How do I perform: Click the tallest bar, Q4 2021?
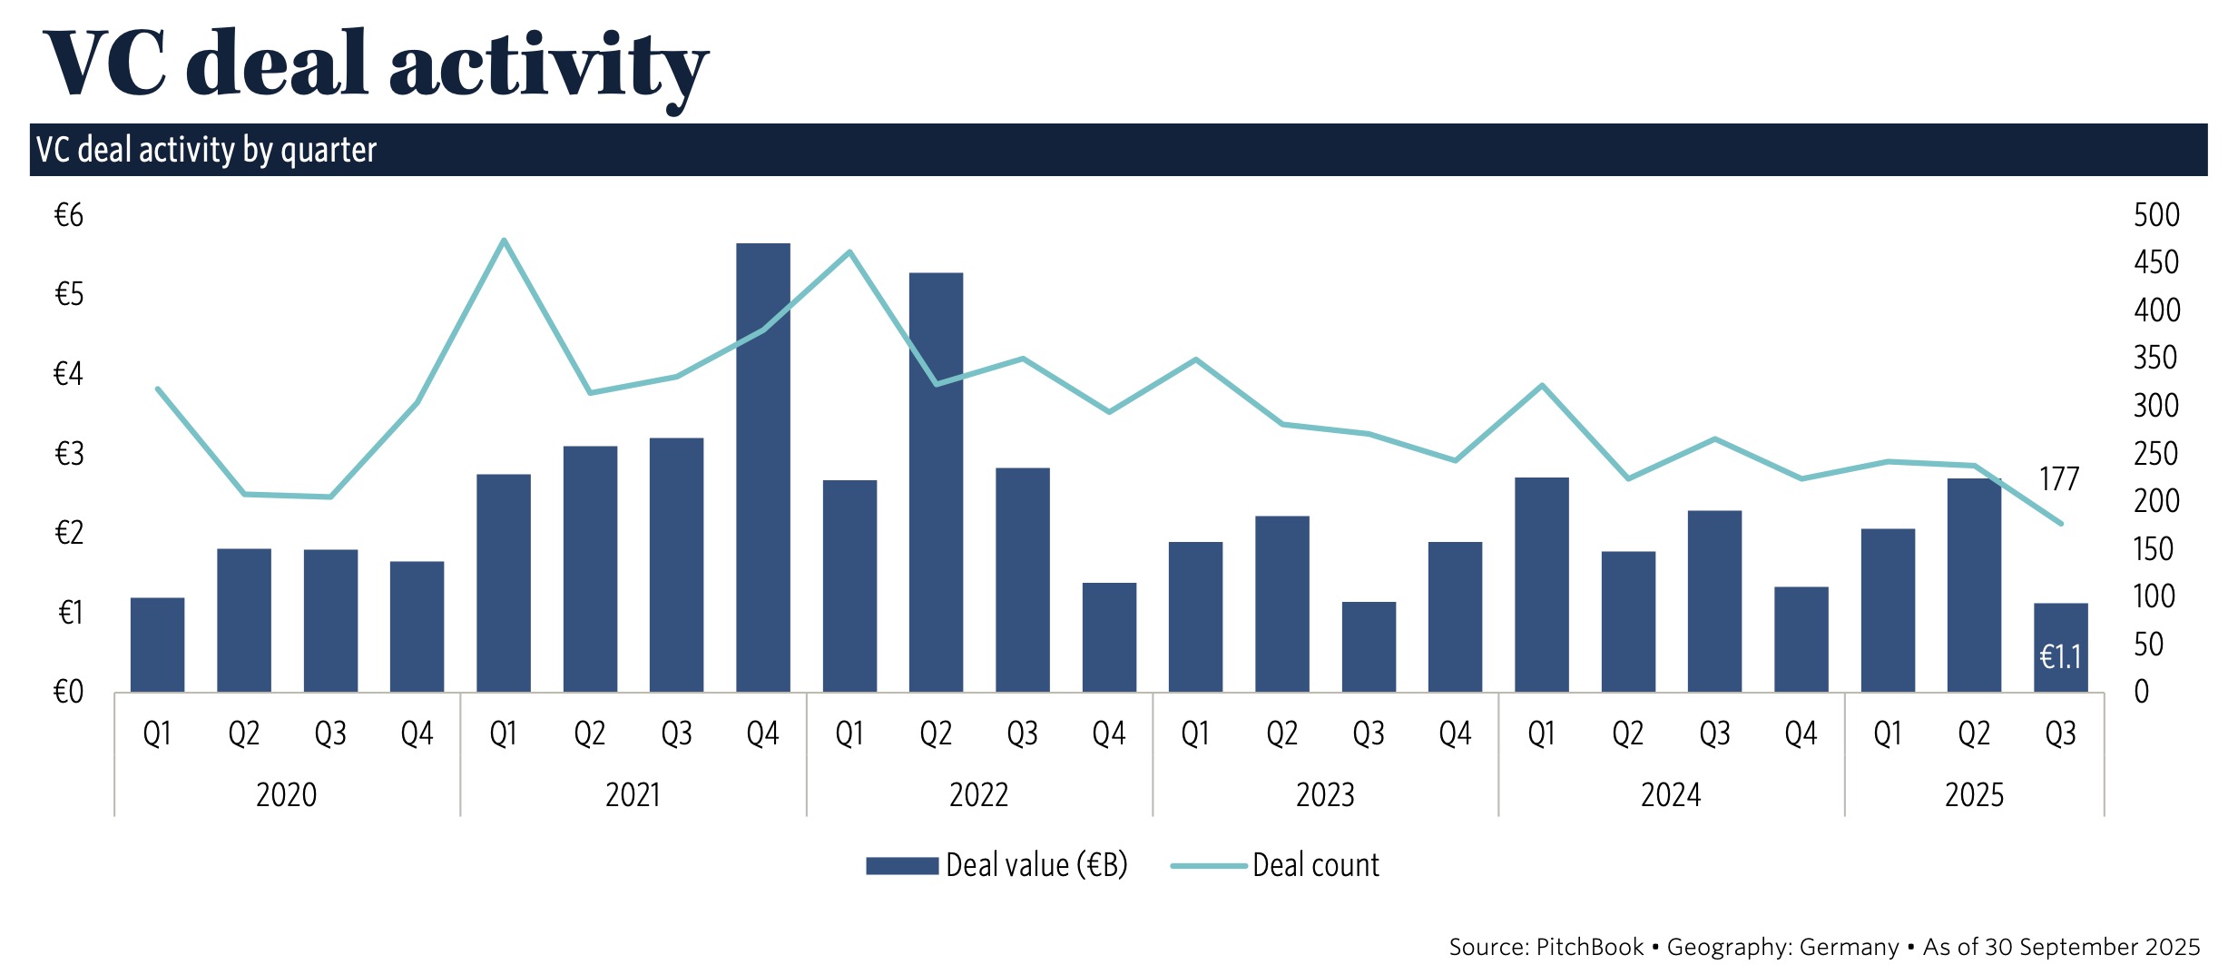pyautogui.click(x=762, y=468)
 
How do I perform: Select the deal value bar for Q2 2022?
pyautogui.click(x=936, y=482)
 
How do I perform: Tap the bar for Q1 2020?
pyautogui.click(x=157, y=645)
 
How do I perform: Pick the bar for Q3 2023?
pyautogui.click(x=1369, y=646)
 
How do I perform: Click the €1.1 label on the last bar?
pyautogui.click(x=2060, y=656)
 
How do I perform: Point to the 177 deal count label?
pyautogui.click(x=2058, y=478)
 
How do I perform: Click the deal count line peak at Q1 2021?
pyautogui.click(x=504, y=241)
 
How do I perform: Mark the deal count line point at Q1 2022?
pyautogui.click(x=849, y=252)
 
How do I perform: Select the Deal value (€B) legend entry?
pyautogui.click(x=996, y=865)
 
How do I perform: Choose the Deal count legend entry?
pyautogui.click(x=1276, y=865)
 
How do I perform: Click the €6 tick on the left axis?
pyautogui.click(x=69, y=215)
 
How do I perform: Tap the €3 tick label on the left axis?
pyautogui.click(x=69, y=453)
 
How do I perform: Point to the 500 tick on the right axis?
pyautogui.click(x=2156, y=215)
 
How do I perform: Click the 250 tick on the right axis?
pyautogui.click(x=2156, y=453)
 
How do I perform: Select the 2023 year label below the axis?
pyautogui.click(x=1325, y=795)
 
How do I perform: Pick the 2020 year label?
pyautogui.click(x=287, y=795)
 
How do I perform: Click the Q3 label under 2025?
pyautogui.click(x=2060, y=734)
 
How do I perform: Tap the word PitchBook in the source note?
pyautogui.click(x=1590, y=947)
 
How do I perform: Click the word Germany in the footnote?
pyautogui.click(x=1849, y=947)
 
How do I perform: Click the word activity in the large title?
pyautogui.click(x=548, y=65)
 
